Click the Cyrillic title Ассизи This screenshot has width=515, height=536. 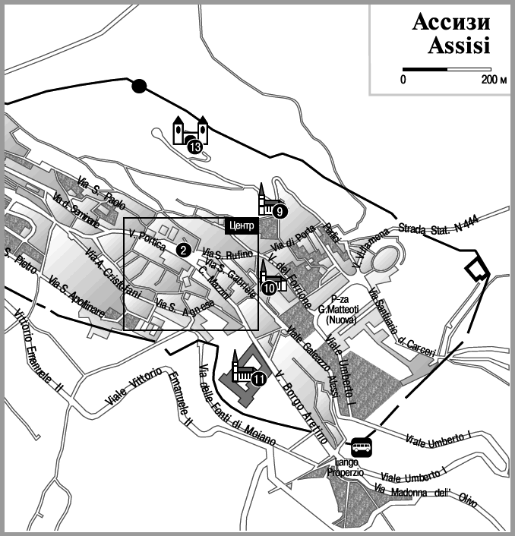(x=451, y=23)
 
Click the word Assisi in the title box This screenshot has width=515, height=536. (x=458, y=46)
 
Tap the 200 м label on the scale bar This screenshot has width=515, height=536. (x=493, y=79)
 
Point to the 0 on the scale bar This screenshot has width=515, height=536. (x=404, y=79)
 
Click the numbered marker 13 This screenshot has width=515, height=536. (x=195, y=147)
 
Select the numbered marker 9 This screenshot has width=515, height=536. (x=280, y=212)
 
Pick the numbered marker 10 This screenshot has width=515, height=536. (x=269, y=288)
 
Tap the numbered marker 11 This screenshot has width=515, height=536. (x=259, y=380)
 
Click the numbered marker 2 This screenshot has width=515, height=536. (x=183, y=249)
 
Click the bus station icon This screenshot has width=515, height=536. (x=361, y=446)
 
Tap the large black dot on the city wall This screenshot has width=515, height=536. (x=138, y=86)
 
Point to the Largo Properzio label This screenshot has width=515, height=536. (x=347, y=467)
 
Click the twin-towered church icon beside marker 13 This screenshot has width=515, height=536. (x=191, y=131)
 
